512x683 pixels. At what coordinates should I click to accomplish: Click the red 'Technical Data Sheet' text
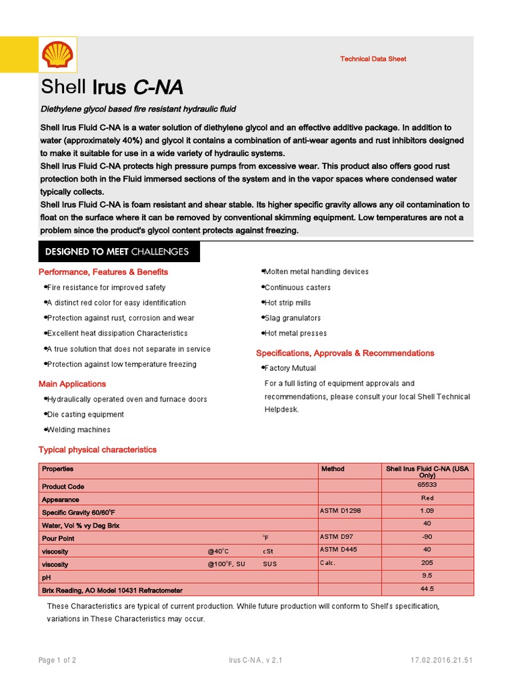coord(373,59)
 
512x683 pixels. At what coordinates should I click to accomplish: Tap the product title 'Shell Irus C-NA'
coord(112,87)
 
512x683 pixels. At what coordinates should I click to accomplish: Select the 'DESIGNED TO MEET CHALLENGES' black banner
coord(117,252)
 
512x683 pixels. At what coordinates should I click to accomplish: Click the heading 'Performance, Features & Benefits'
coord(103,272)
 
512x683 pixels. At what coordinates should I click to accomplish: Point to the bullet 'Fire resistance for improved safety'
coord(106,287)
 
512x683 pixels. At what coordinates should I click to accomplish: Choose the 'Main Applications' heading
coord(72,384)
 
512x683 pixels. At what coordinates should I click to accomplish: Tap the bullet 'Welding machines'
coord(79,430)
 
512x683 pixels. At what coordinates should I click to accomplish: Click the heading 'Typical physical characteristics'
coord(97,450)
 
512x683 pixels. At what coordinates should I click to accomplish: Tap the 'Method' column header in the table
coord(333,469)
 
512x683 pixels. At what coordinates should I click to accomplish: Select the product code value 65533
coord(427,486)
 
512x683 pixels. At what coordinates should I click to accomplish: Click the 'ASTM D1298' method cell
coord(340,511)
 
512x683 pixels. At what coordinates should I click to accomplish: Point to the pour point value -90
coord(427,537)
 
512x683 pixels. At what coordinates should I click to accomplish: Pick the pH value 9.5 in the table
coord(427,576)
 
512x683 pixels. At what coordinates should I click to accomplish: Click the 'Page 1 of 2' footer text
coord(57,661)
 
